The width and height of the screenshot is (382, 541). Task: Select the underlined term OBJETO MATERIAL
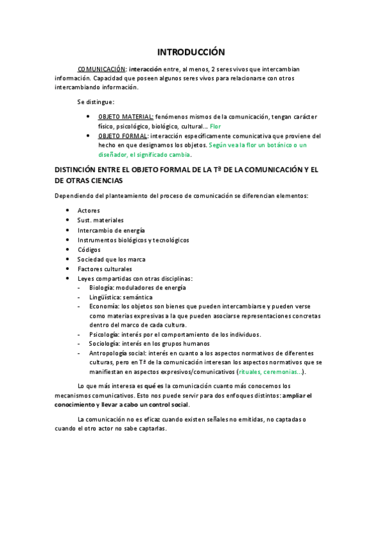(x=126, y=117)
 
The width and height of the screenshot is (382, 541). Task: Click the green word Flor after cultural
(x=216, y=126)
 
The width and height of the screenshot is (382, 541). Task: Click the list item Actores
(x=89, y=210)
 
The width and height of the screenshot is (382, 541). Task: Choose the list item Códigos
(x=89, y=249)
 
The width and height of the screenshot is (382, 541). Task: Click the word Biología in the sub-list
(x=102, y=288)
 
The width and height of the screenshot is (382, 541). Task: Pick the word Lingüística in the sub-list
(x=105, y=297)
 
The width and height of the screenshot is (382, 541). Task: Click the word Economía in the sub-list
(x=104, y=307)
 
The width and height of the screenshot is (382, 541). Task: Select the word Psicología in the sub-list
(x=105, y=334)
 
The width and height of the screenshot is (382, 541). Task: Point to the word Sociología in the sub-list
(x=104, y=343)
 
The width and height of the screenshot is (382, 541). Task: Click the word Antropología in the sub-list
(x=108, y=353)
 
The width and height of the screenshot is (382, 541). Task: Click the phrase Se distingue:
(x=96, y=101)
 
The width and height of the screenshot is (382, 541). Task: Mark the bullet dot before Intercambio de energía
(x=68, y=230)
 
